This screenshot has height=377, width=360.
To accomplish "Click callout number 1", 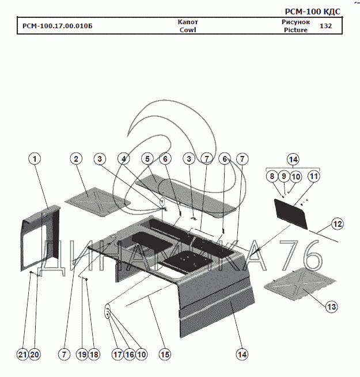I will point(36,159).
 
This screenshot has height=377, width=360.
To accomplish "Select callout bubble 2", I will point(77,159).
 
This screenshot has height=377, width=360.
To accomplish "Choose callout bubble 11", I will point(313,177).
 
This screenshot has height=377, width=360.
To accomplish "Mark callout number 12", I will point(338,224).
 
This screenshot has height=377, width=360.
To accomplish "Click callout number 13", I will point(331,307).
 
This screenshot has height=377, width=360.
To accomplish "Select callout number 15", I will point(165,355).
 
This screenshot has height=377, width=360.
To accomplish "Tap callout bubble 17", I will point(118,355).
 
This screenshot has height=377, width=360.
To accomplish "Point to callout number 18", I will point(94,355).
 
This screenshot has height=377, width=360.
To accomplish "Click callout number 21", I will point(23,355).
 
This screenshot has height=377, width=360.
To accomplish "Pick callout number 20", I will point(35,355).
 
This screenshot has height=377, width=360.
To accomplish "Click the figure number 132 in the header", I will point(325,26).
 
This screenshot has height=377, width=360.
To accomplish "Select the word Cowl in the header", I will point(188,30).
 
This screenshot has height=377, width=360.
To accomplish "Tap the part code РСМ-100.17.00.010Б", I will point(57,26).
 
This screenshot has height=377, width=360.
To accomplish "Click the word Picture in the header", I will point(295,30).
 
